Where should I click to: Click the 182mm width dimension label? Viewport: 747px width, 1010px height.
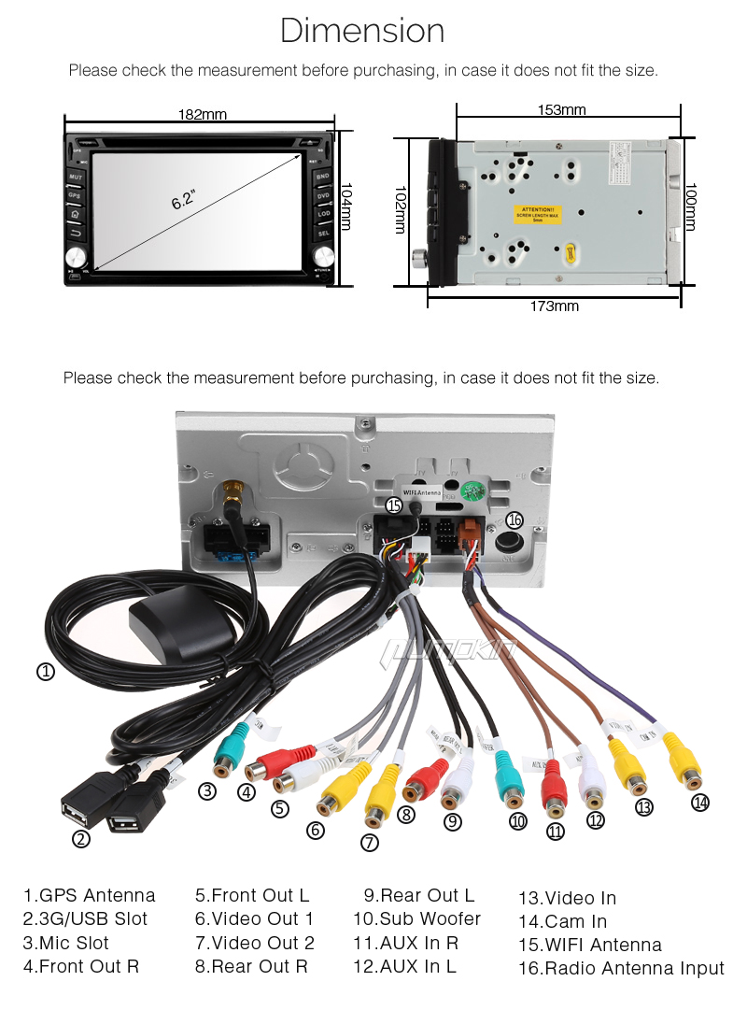203,115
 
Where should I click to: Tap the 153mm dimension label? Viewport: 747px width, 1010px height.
561,109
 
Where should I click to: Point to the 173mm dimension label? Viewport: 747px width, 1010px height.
554,306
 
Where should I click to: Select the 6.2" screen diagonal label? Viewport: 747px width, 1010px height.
183,199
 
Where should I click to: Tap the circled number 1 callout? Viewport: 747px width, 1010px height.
44,670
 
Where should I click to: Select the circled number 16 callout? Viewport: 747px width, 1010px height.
514,520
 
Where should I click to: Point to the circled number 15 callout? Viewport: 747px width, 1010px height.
394,505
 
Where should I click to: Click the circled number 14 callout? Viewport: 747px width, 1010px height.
700,802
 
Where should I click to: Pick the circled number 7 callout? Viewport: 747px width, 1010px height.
370,841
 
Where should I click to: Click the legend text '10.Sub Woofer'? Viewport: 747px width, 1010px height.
416,918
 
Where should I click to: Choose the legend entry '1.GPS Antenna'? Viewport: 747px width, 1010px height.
90,896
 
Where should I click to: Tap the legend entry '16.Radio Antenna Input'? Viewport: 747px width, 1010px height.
621,969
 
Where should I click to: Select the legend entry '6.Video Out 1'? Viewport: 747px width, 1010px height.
254,918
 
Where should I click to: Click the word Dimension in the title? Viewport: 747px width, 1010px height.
362,31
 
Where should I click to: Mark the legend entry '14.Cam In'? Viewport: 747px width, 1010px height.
562,921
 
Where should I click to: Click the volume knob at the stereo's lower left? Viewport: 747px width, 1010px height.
76,256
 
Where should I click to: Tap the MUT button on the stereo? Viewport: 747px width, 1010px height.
75,177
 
